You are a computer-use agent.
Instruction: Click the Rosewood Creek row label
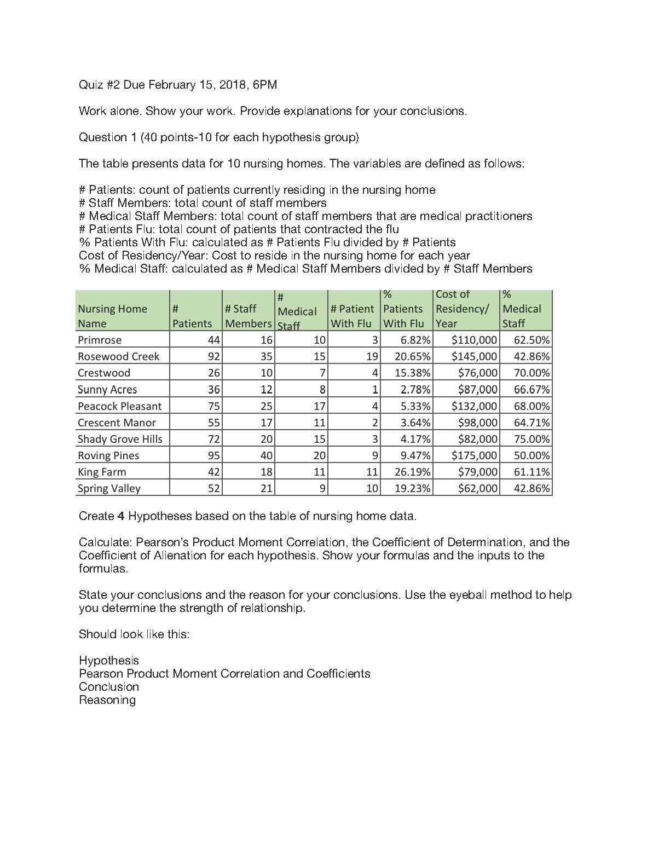[118, 356]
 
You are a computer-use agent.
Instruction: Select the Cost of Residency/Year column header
[462, 309]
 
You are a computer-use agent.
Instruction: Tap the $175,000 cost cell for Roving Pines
[474, 455]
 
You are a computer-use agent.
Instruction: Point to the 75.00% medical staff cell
[532, 439]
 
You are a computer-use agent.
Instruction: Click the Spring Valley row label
[109, 488]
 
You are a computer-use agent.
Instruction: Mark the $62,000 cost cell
[477, 488]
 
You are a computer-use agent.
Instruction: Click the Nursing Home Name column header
[112, 316]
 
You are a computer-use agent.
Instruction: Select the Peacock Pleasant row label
[119, 406]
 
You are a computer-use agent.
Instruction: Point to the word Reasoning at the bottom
[107, 700]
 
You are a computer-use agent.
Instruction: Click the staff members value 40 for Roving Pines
[266, 455]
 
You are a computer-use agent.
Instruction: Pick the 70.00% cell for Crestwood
[532, 373]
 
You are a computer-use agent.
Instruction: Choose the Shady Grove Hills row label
[120, 439]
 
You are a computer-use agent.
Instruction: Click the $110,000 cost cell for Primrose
[474, 340]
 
